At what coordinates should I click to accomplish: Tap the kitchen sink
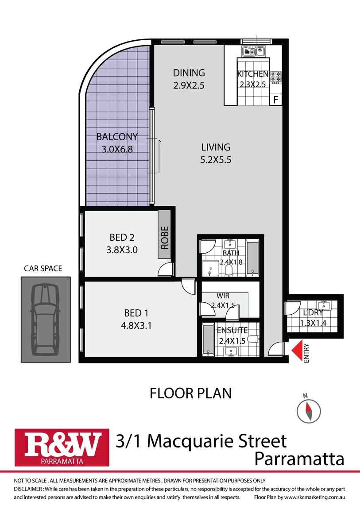[253, 51]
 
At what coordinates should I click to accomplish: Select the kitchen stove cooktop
[275, 77]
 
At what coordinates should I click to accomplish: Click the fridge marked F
[276, 99]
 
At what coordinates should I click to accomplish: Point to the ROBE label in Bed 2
[165, 237]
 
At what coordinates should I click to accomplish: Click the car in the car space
[46, 320]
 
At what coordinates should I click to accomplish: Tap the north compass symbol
[309, 409]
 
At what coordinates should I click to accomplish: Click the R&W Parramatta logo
[62, 447]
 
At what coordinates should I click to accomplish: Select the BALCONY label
[117, 137]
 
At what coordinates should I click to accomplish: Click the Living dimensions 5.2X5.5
[216, 160]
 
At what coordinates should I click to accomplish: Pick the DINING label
[189, 73]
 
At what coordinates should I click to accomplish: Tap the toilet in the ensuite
[253, 339]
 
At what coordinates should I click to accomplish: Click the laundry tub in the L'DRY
[323, 305]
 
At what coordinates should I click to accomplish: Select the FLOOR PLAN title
[191, 393]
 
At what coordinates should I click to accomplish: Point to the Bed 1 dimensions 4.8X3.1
[136, 325]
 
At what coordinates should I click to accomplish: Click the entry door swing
[276, 349]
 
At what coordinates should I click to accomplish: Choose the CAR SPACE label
[43, 269]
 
